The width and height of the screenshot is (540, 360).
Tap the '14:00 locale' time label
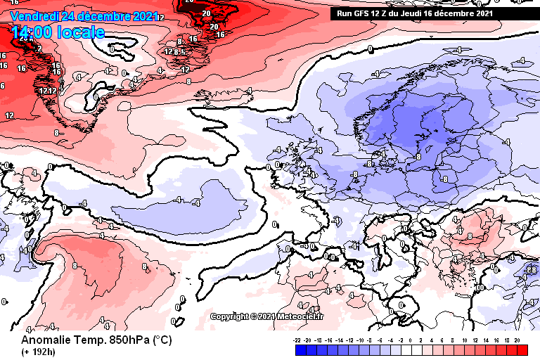click(x=58, y=32)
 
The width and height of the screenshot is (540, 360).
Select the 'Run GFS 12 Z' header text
click(x=363, y=13)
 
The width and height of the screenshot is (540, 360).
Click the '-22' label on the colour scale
click(x=297, y=340)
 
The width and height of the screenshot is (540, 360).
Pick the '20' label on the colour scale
click(x=517, y=340)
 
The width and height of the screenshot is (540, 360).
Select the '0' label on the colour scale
click(x=411, y=340)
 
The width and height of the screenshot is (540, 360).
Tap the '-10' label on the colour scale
click(x=361, y=340)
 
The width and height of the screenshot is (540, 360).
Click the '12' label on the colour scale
click(x=475, y=340)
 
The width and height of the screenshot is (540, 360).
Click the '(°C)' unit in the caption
click(x=162, y=340)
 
